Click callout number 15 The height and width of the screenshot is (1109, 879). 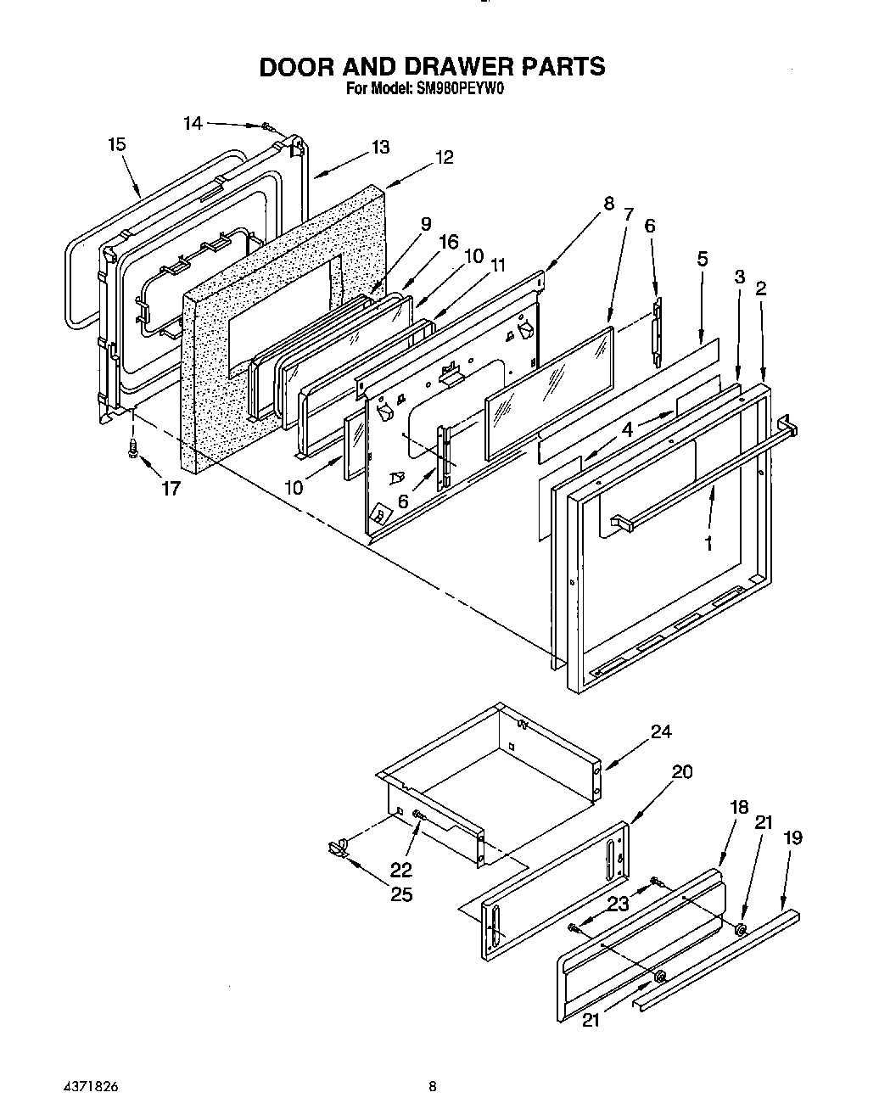117,144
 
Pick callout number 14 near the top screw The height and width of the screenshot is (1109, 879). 193,123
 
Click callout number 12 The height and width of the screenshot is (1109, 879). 444,157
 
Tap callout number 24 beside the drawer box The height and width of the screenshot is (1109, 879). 661,732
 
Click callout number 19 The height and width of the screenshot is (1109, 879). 792,837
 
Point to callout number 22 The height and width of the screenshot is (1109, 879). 400,869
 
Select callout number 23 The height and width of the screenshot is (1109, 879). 618,905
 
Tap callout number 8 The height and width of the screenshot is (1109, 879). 607,203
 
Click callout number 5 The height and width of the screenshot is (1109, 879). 703,259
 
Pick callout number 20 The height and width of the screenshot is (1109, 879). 681,771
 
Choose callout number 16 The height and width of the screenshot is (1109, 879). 448,244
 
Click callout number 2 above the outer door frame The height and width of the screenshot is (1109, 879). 760,288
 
